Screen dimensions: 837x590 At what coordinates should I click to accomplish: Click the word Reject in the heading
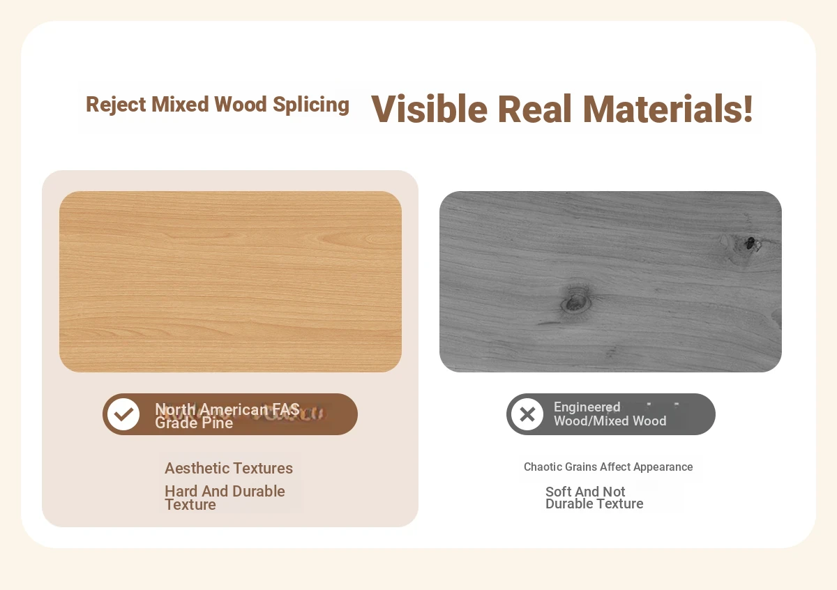point(116,105)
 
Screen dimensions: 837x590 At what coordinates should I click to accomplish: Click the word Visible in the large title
point(429,109)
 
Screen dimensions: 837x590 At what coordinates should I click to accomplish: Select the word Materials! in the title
point(668,109)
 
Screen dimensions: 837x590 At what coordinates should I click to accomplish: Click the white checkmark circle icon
point(123,414)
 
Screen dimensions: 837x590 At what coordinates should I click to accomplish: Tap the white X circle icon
point(527,414)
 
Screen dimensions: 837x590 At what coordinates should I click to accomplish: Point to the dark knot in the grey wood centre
point(576,302)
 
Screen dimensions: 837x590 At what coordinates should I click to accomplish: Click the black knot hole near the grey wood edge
point(750,243)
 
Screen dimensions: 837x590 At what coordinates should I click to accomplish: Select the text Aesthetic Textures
point(229,468)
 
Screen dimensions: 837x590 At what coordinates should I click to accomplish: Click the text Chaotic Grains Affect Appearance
point(608,467)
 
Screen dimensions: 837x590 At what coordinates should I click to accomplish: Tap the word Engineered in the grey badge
point(587,407)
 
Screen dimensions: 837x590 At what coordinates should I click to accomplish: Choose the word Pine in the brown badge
point(217,423)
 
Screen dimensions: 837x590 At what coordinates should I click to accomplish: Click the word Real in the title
point(535,109)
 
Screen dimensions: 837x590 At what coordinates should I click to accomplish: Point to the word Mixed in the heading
point(180,104)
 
